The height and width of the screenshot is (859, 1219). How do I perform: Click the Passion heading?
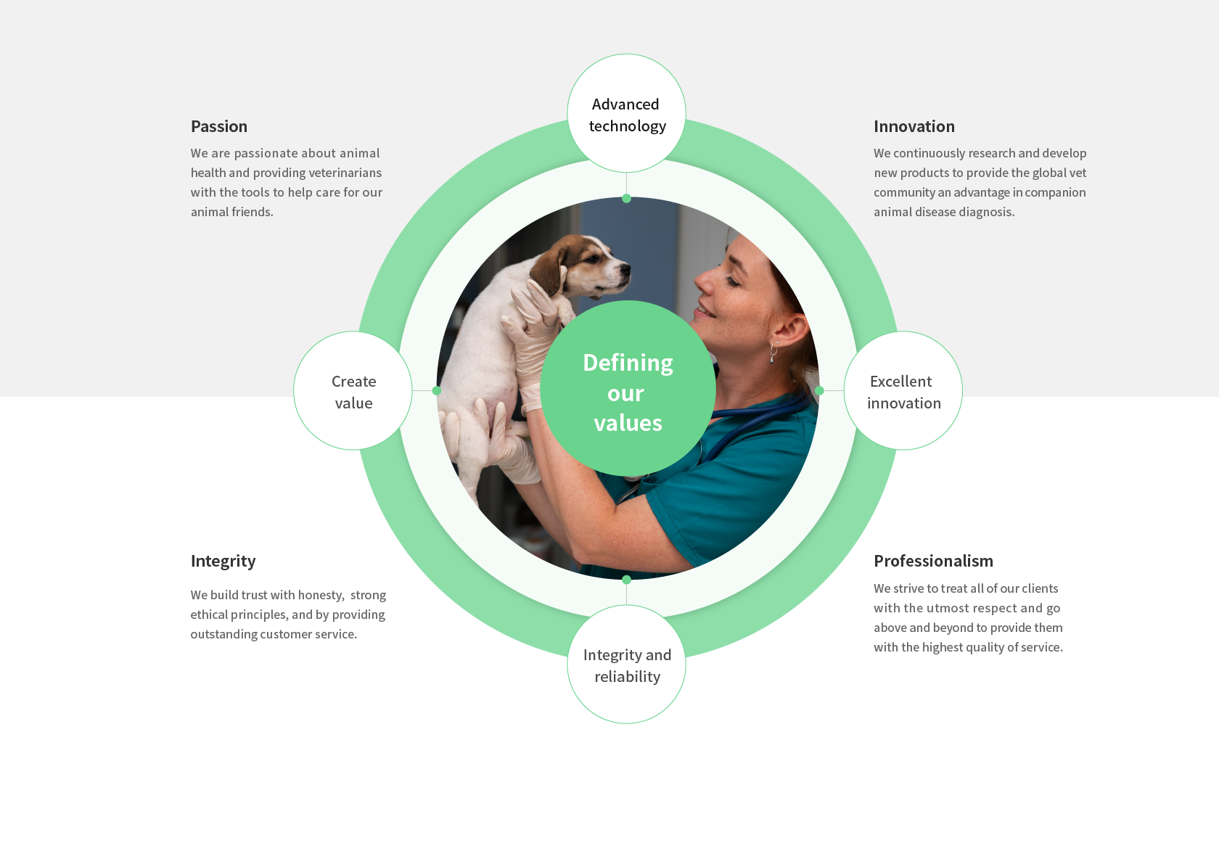[x=219, y=127]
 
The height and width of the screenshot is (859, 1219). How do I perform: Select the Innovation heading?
[x=914, y=127]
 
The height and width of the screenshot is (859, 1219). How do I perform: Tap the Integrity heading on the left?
[x=223, y=562]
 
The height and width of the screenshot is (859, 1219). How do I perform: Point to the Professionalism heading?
[x=933, y=561]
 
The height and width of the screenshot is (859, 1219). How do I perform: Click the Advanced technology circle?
[x=626, y=113]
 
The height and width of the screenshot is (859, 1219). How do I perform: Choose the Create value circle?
[x=353, y=390]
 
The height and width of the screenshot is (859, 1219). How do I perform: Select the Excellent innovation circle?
[x=903, y=390]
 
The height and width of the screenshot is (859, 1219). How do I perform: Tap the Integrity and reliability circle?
[x=626, y=665]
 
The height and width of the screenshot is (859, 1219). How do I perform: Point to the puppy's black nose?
[x=625, y=268]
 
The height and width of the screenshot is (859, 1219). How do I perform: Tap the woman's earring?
[x=773, y=353]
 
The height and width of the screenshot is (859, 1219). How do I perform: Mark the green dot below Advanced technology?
[x=626, y=199]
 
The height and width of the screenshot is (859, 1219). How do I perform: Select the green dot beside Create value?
[x=437, y=390]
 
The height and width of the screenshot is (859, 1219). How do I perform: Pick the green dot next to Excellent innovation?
[x=820, y=390]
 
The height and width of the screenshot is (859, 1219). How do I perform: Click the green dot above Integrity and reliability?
[x=626, y=580]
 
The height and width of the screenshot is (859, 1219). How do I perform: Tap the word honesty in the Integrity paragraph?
[x=321, y=595]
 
